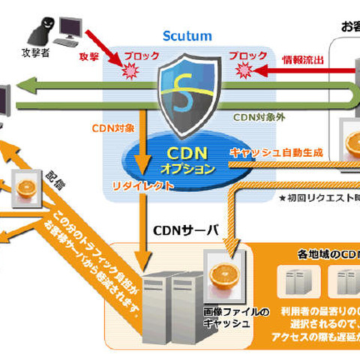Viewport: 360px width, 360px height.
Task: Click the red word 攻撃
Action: (x=88, y=56)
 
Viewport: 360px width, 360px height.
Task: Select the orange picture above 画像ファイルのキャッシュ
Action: (x=224, y=274)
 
